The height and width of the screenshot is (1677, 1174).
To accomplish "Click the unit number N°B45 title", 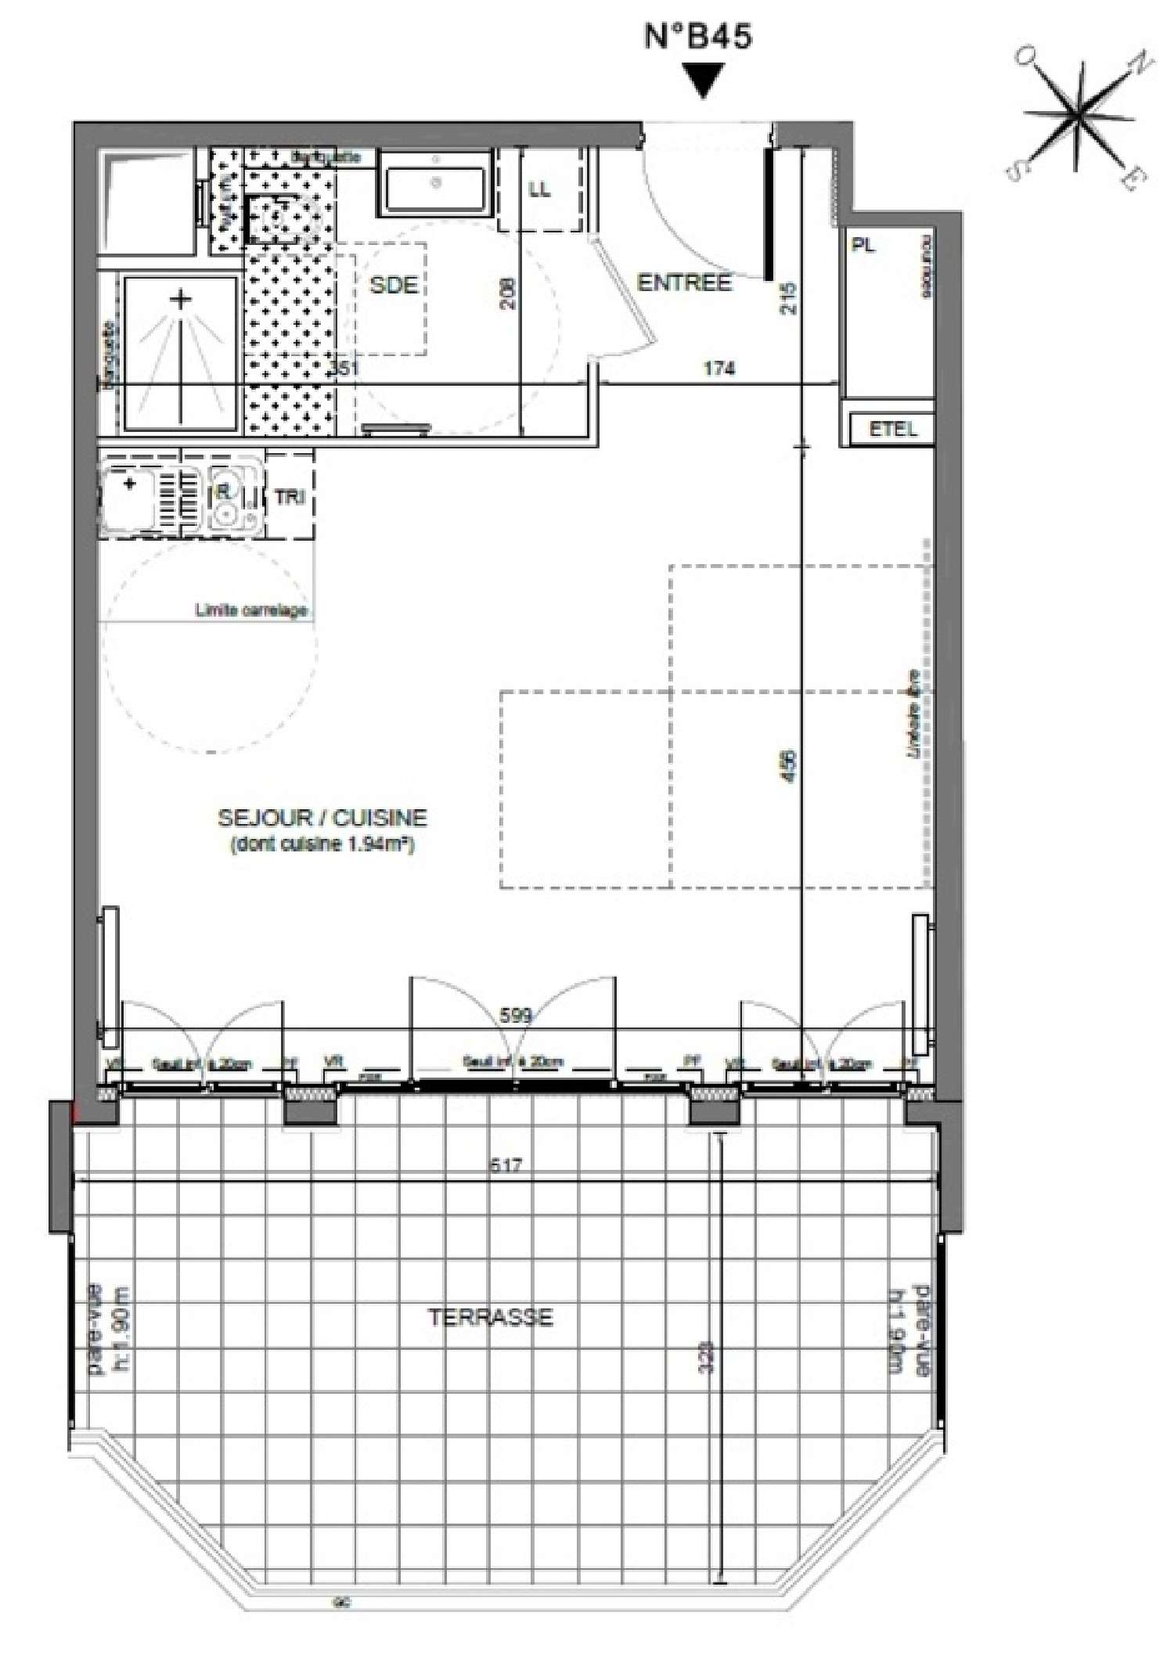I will coord(698,37).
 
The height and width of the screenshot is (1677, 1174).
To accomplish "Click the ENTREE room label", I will coord(684,282).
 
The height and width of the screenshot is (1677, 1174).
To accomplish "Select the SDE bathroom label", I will coord(393,285).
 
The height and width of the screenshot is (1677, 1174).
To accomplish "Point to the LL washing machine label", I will coord(539,189).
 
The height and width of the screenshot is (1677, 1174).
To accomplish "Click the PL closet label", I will coord(863,246).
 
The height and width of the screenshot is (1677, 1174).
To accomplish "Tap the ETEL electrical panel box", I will coord(892,429).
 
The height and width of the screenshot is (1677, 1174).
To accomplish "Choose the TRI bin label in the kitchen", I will coord(289,497).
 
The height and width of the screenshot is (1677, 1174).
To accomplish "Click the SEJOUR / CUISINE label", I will coord(322,818).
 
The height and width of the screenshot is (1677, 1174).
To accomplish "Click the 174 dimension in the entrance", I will coord(718,368).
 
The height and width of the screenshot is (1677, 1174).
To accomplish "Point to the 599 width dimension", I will coord(515,1016).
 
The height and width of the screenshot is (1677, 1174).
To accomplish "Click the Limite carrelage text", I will coord(250,610).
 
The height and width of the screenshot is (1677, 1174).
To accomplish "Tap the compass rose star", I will coord(1080,117).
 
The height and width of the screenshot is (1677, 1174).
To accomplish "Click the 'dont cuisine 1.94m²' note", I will coord(322,845).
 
